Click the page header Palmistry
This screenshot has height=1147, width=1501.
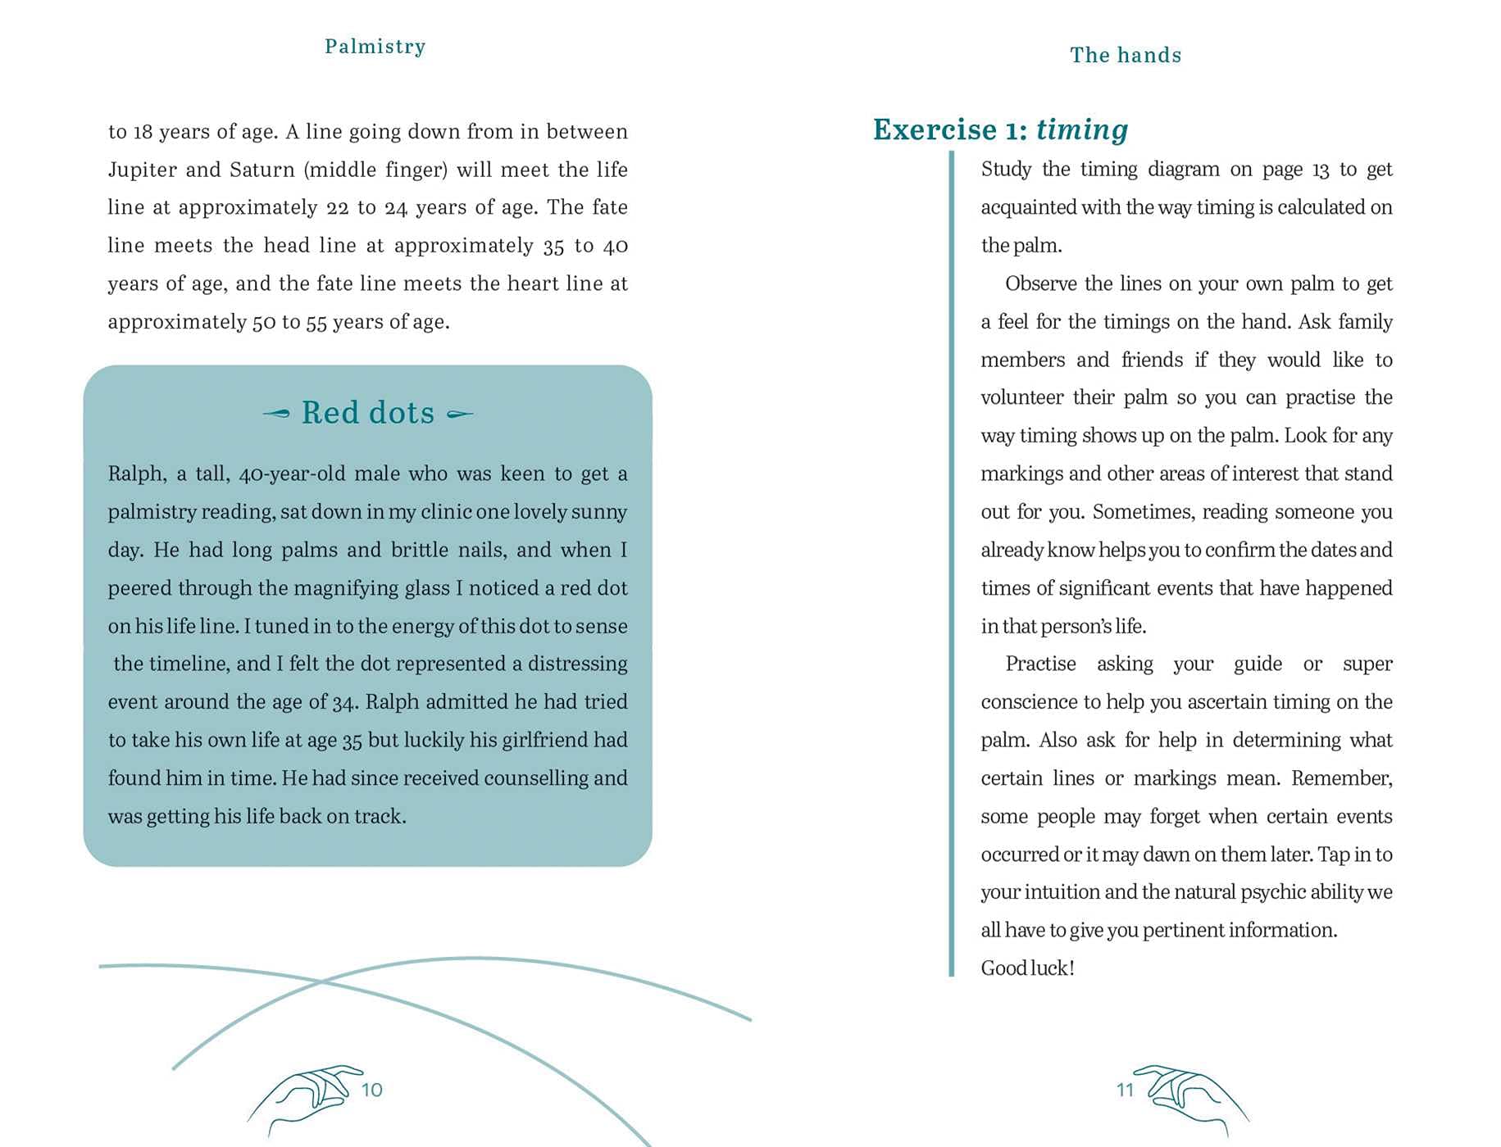click(x=375, y=47)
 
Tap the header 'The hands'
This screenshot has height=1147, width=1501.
click(x=1126, y=55)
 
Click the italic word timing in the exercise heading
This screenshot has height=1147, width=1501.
click(x=1081, y=129)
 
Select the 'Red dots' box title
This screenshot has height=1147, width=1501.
click(x=368, y=413)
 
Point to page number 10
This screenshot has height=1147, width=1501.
click(x=372, y=1090)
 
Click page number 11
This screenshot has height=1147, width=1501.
click(x=1125, y=1090)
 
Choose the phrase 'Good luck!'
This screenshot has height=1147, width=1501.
click(x=1027, y=968)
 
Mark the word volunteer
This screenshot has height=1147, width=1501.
click(x=1022, y=398)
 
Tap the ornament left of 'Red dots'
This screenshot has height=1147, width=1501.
click(x=276, y=413)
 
